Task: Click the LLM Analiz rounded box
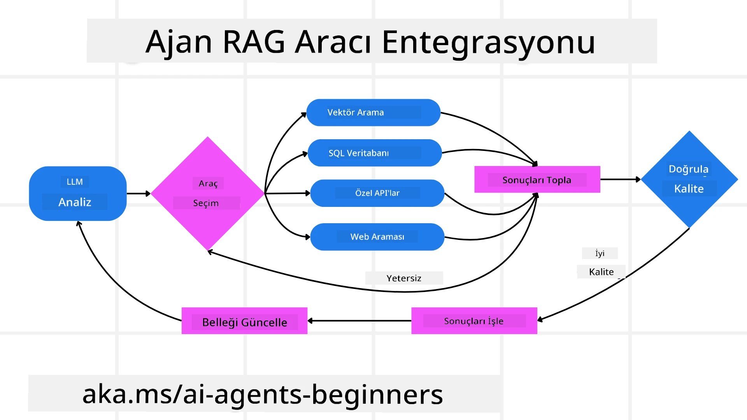click(x=77, y=193)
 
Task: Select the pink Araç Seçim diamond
click(x=207, y=193)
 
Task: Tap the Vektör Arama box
click(x=373, y=112)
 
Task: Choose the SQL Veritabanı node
click(x=374, y=153)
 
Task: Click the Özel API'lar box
click(x=377, y=193)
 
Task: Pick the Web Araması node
click(x=377, y=236)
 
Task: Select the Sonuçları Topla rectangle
click(x=537, y=180)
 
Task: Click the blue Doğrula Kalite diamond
click(x=689, y=179)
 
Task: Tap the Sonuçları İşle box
click(x=474, y=321)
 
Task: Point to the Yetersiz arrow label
click(x=404, y=278)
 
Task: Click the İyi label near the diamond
click(x=600, y=253)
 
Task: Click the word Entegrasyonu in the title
click(x=488, y=42)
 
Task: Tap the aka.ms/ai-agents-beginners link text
click(x=263, y=394)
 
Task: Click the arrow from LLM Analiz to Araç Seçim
click(x=138, y=193)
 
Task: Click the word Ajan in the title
click(x=179, y=42)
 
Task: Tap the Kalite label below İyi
click(x=601, y=272)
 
